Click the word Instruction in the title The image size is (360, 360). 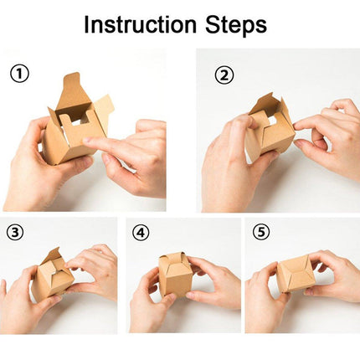[x=140, y=25]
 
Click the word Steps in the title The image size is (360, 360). [x=236, y=26]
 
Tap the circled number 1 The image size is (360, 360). [x=19, y=74]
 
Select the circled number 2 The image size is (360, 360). [x=224, y=75]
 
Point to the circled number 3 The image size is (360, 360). [x=15, y=233]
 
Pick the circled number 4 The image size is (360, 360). [x=141, y=233]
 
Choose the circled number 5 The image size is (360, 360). [x=261, y=232]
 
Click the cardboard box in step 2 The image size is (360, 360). [x=270, y=126]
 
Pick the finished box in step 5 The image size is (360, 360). [x=296, y=274]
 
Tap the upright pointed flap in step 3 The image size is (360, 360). [x=54, y=254]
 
